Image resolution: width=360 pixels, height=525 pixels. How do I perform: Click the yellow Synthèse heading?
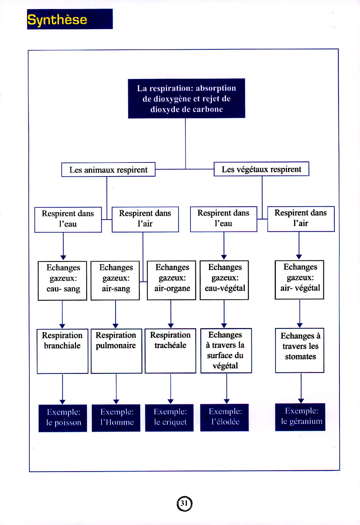tap(57, 20)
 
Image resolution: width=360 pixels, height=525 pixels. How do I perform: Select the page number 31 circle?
tap(184, 503)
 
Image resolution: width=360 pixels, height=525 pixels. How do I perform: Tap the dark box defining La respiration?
tap(186, 98)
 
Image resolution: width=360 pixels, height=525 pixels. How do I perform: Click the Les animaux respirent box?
tap(108, 170)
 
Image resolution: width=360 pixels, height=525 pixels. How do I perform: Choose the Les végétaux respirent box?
tap(261, 169)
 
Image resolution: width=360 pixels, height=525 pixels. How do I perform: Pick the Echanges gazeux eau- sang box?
tap(63, 280)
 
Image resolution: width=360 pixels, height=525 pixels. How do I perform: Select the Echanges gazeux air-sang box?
tap(115, 280)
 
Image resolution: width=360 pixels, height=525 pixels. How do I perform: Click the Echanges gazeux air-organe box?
tap(172, 280)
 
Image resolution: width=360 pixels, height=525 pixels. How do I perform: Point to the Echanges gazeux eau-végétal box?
tap(224, 280)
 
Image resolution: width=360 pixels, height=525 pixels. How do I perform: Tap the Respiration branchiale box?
tap(62, 351)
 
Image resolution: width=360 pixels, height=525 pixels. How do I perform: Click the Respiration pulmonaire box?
tap(116, 351)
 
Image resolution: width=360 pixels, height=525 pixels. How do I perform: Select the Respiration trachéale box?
tap(170, 350)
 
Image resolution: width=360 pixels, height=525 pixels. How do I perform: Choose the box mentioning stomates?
tap(300, 350)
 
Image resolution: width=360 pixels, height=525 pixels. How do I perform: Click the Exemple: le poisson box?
tap(63, 418)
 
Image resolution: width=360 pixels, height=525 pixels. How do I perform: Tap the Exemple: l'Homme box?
tap(116, 418)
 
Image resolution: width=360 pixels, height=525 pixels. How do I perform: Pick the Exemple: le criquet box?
tap(170, 417)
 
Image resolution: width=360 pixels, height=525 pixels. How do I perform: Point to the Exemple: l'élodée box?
tap(225, 417)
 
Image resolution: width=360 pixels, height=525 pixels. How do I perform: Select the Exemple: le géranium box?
tap(300, 417)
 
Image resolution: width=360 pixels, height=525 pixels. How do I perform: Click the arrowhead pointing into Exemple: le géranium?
tap(301, 401)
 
